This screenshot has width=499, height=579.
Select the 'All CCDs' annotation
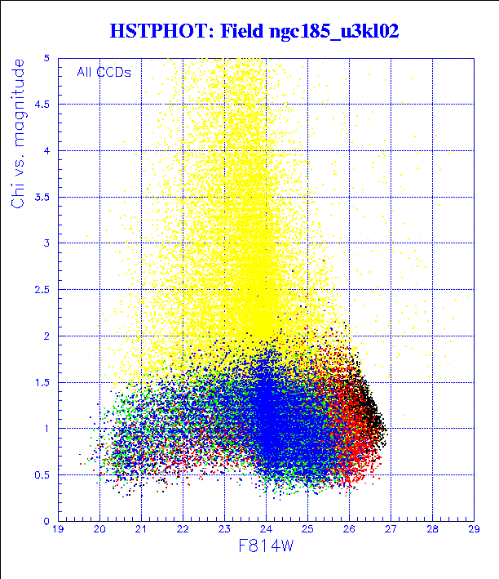[x=104, y=72]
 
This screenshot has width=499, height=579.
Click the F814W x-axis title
[x=266, y=546]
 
